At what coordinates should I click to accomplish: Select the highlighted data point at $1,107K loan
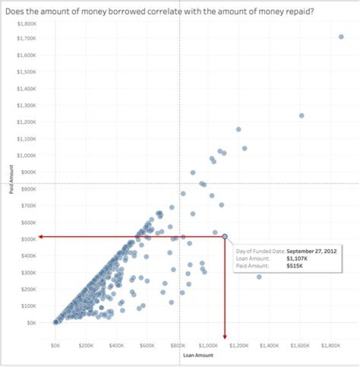225,236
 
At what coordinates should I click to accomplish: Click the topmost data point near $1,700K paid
341,36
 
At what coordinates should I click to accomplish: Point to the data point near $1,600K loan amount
301,115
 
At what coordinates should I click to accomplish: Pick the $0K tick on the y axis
30,322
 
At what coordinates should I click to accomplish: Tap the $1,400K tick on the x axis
269,345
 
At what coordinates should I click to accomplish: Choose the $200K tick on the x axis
86,345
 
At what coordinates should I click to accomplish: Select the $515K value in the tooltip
295,265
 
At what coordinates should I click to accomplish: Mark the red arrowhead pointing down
225,336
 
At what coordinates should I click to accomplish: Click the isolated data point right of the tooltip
259,276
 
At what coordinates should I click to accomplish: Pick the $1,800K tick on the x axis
330,345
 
